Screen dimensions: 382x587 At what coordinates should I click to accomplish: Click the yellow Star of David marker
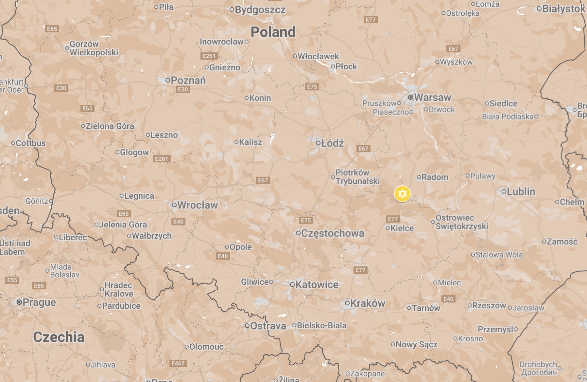pyautogui.click(x=402, y=194)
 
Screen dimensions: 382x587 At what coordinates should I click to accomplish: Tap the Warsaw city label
pyautogui.click(x=432, y=98)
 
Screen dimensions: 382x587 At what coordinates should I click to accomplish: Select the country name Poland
pyautogui.click(x=273, y=32)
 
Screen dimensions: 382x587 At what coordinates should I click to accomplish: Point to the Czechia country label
pyautogui.click(x=59, y=337)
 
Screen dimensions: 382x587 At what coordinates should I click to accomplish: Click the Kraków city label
pyautogui.click(x=368, y=303)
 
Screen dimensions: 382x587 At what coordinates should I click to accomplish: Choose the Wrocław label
pyautogui.click(x=198, y=205)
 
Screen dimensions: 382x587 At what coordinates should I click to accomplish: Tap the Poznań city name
pyautogui.click(x=188, y=80)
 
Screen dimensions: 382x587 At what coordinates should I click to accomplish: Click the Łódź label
pyautogui.click(x=332, y=143)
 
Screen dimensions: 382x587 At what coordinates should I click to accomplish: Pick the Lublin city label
pyautogui.click(x=521, y=191)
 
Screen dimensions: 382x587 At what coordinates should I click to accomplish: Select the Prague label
pyautogui.click(x=39, y=302)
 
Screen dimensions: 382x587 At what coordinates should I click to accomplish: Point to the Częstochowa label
pyautogui.click(x=332, y=233)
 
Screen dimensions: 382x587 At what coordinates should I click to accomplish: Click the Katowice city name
pyautogui.click(x=317, y=285)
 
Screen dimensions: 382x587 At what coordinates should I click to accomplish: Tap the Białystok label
pyautogui.click(x=563, y=9)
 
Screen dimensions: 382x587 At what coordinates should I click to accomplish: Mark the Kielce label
pyautogui.click(x=402, y=228)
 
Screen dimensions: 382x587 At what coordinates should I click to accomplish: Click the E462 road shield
pyautogui.click(x=178, y=363)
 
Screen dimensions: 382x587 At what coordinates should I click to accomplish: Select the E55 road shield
pyautogui.click(x=12, y=280)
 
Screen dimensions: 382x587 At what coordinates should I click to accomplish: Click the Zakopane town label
pyautogui.click(x=367, y=373)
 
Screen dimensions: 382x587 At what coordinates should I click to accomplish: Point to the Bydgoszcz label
pyautogui.click(x=260, y=10)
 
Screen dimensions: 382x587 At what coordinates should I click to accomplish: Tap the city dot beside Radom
pyautogui.click(x=419, y=177)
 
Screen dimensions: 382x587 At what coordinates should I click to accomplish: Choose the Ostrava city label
pyautogui.click(x=268, y=326)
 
